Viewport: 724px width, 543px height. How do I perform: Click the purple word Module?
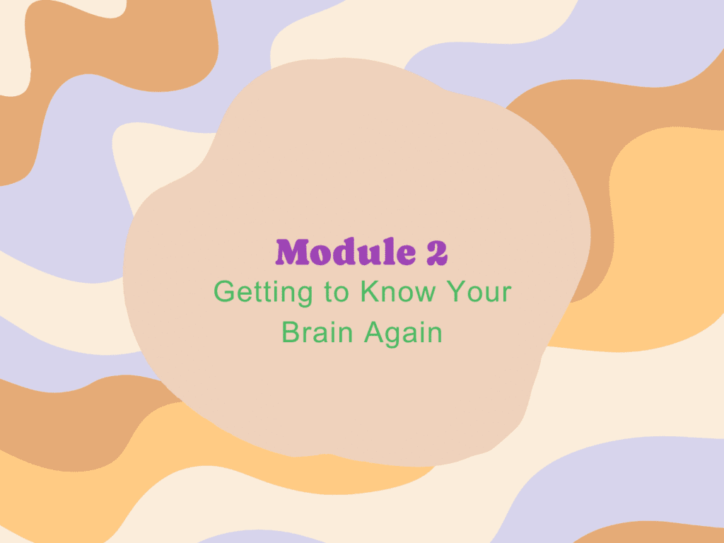[x=345, y=252]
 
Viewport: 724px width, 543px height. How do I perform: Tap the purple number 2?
[x=437, y=252]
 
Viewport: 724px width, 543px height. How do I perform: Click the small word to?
[x=336, y=292]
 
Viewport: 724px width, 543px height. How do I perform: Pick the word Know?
[x=398, y=291]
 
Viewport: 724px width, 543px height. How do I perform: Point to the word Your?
[x=479, y=291]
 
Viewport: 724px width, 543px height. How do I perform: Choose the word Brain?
[x=317, y=332]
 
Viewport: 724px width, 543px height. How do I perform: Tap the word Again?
[x=403, y=334]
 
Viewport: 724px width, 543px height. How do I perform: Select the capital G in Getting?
[x=224, y=291]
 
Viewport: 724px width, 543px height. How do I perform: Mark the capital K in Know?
[x=370, y=291]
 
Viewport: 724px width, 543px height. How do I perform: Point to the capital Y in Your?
[x=456, y=291]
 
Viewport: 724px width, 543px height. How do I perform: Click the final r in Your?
[x=508, y=294]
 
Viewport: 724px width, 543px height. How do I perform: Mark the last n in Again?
[x=435, y=334]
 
